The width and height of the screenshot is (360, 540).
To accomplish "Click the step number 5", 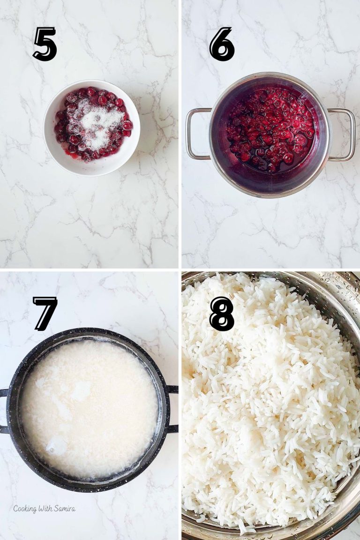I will pos(45,44).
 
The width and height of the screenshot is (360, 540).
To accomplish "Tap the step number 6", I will pos(222,44).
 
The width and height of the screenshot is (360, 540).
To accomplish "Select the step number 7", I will pos(45,314).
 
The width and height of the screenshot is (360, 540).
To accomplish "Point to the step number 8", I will pos(222,314).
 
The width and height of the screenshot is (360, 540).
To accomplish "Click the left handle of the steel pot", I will pos(197,134).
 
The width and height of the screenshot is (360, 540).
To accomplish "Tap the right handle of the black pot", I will pos(172,408).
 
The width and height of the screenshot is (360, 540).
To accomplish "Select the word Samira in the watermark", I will pos(65,509).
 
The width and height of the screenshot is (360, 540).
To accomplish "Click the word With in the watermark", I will pos(46,509).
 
